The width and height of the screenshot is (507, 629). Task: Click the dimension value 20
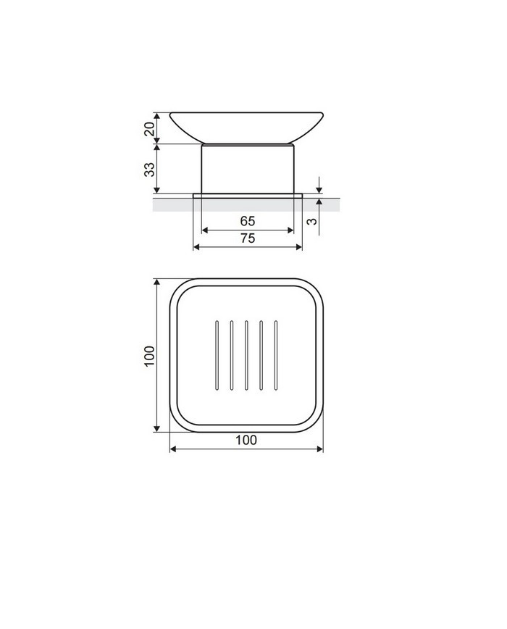[x=149, y=129]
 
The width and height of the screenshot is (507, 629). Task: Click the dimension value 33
[x=149, y=169]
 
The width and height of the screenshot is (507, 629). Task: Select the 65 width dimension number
[x=248, y=221]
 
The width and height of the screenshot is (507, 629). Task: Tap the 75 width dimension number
[x=248, y=238]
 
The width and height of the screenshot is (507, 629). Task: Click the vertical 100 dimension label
[x=149, y=355]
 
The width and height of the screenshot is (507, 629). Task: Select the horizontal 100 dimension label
[x=246, y=440]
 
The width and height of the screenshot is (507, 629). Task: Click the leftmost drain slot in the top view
[x=217, y=355]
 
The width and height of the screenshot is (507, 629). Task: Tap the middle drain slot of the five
[x=246, y=355]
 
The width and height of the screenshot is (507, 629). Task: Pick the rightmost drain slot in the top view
[x=276, y=355]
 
